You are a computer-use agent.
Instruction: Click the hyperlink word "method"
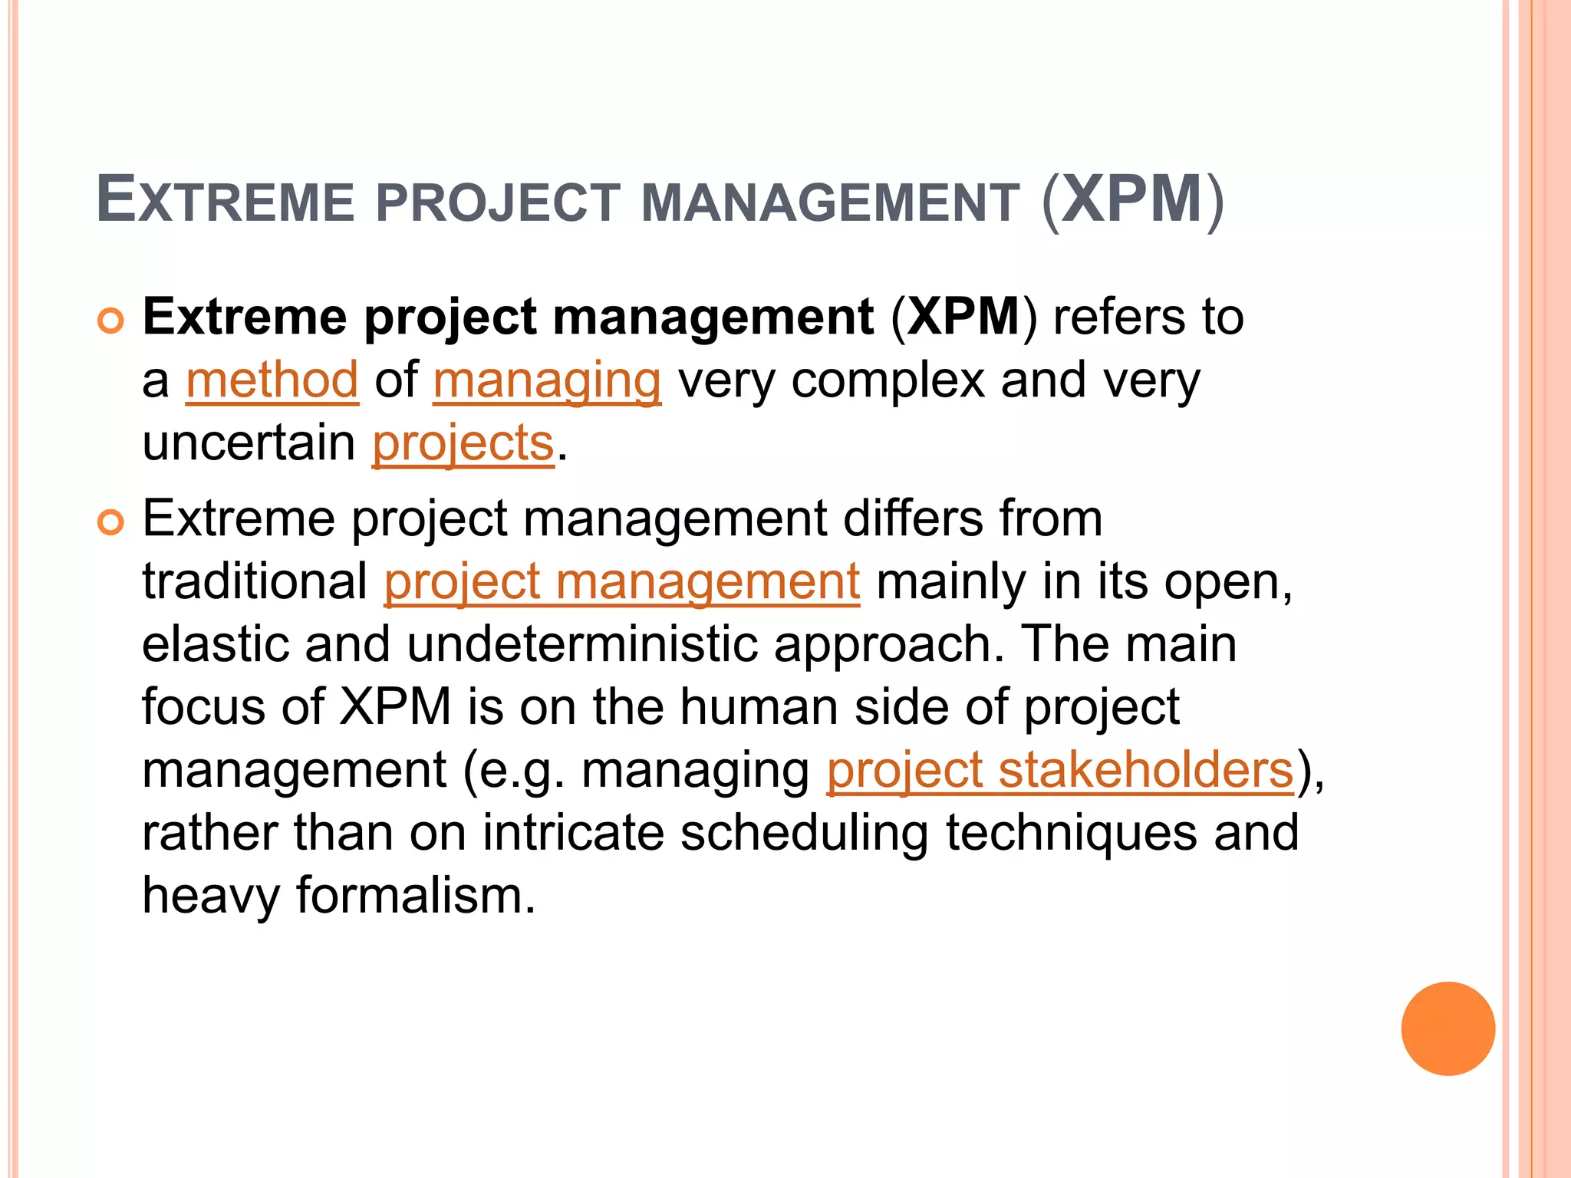click(x=272, y=380)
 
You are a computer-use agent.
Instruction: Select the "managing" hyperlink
click(x=547, y=380)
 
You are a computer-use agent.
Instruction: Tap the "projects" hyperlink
click(x=463, y=443)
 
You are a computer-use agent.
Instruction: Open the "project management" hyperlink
click(x=621, y=582)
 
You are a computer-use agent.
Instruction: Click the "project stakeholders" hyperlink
click(x=1060, y=770)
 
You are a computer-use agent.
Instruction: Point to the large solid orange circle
click(x=1447, y=1028)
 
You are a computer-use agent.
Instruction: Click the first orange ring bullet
click(x=111, y=322)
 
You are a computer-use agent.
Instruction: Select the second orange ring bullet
click(x=111, y=524)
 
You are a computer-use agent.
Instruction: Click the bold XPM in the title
click(x=1132, y=200)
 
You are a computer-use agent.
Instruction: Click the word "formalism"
click(x=415, y=896)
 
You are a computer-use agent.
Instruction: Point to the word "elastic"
click(x=215, y=644)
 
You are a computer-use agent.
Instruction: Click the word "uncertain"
click(x=249, y=443)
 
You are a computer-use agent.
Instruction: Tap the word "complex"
click(x=888, y=380)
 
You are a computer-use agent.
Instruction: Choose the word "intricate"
click(x=573, y=833)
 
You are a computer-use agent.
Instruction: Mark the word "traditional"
click(x=255, y=582)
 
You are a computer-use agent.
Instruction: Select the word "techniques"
click(x=1071, y=833)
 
